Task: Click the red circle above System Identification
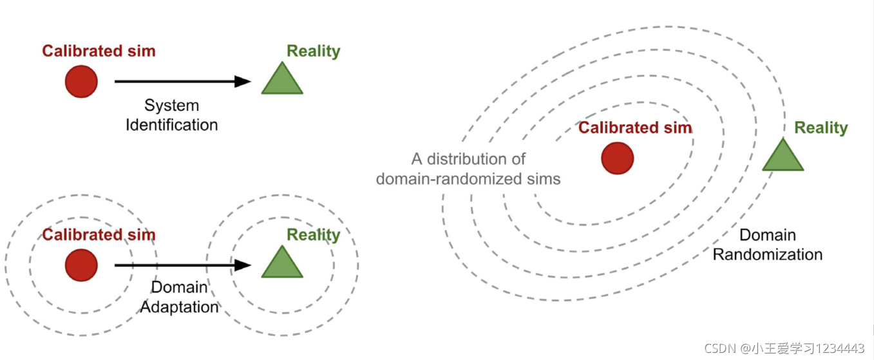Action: (81, 82)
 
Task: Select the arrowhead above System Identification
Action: (243, 81)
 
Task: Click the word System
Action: (171, 105)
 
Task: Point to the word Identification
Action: (171, 124)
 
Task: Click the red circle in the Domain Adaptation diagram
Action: (81, 265)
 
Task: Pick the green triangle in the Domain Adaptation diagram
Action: (282, 264)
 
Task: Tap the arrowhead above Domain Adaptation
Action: (243, 265)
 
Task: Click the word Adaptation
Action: (180, 307)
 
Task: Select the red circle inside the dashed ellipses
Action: (617, 158)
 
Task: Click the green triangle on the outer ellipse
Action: (783, 156)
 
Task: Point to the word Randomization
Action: (768, 254)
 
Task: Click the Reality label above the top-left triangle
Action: (314, 52)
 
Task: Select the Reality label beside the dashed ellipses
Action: (821, 128)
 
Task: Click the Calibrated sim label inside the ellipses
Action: (635, 128)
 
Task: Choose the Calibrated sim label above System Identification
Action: (99, 52)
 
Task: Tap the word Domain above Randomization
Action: (767, 235)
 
